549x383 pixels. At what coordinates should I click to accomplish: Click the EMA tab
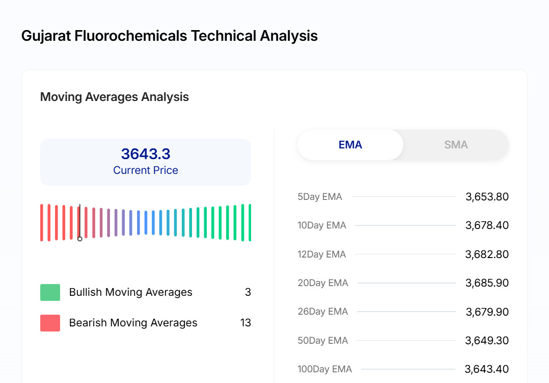click(350, 145)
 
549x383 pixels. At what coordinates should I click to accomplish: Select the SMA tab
click(456, 145)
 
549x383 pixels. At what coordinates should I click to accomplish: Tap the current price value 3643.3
click(146, 154)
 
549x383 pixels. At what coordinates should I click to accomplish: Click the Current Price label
click(146, 170)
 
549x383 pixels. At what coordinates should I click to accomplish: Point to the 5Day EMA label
click(320, 197)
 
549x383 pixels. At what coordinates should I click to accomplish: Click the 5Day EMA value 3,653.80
click(487, 197)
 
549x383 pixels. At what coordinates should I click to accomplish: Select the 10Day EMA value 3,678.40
click(487, 225)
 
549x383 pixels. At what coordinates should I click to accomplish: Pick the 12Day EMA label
click(322, 254)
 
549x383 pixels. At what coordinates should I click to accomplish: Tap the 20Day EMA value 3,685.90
click(487, 283)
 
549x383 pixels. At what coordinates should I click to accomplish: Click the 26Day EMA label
click(323, 312)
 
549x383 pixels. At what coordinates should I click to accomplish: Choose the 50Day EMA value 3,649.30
click(487, 341)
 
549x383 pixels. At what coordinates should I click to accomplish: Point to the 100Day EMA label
click(325, 369)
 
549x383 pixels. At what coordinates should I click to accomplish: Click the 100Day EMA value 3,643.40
click(486, 369)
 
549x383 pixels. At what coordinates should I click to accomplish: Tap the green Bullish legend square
click(50, 292)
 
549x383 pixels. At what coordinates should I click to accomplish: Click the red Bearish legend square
click(50, 323)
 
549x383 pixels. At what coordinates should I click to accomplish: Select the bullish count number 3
click(248, 292)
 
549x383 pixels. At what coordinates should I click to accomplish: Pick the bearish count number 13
click(245, 323)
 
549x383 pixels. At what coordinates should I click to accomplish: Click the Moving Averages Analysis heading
click(115, 97)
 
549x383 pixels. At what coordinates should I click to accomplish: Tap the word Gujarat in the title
click(46, 36)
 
